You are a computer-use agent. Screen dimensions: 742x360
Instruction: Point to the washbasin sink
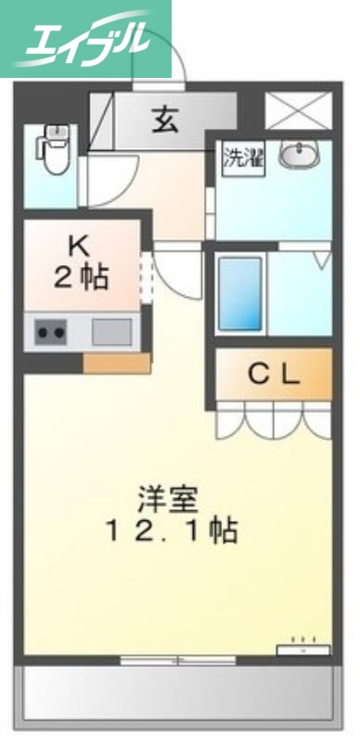click(x=299, y=155)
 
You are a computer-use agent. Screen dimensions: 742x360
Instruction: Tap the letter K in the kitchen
click(x=79, y=246)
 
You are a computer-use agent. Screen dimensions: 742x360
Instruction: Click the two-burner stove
click(x=52, y=331)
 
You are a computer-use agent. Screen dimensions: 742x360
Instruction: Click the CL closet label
click(x=275, y=374)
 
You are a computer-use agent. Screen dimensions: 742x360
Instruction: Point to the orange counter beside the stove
click(x=116, y=362)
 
